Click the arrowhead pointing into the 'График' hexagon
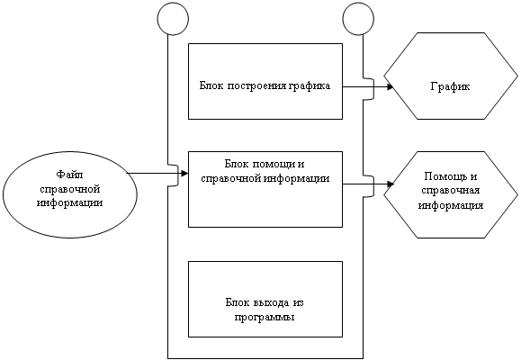click(391, 87)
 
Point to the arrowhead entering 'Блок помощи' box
click(184, 173)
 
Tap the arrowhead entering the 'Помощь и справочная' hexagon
click(391, 184)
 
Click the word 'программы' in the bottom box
click(265, 317)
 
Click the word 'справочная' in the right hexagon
click(450, 191)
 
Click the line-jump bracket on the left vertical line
click(174, 175)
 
